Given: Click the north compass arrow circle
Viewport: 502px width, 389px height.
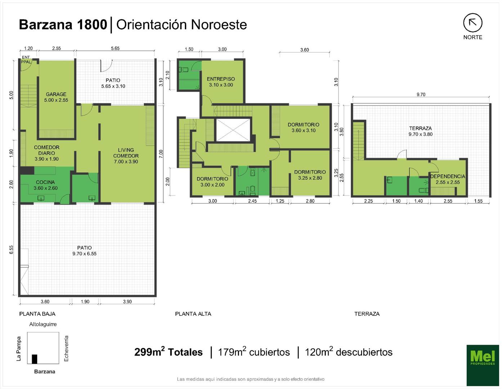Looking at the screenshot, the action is coord(473,23).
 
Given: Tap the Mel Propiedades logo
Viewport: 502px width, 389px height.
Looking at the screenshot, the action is coord(483,365).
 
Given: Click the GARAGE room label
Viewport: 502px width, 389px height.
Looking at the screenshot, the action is coord(56,97).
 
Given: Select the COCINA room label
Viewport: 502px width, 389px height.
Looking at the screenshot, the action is coord(45,185).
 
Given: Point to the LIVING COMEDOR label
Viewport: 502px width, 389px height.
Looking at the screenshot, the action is coord(126,156).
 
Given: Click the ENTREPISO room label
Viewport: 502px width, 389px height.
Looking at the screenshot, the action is coord(221,82).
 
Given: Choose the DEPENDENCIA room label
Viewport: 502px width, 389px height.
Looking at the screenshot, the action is coord(448,179).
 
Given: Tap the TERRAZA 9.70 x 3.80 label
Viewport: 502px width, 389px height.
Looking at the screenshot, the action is coord(421,131).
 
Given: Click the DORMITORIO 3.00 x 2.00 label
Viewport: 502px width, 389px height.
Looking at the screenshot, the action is coord(212,182).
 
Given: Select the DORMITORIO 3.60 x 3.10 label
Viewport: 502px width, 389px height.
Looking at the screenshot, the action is coord(303,128).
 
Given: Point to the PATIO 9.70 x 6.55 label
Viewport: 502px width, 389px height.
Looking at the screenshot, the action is coord(84,251).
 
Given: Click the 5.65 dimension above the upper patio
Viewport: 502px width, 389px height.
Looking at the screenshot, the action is coord(115,48).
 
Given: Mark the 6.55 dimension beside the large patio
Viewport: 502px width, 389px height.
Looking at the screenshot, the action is coord(11,250).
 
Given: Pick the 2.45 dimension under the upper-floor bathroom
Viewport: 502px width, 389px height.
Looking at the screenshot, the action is coord(252,201).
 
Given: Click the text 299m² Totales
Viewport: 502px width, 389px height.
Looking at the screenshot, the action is coord(168,352).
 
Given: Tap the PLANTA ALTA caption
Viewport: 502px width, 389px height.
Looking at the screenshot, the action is coord(193,314).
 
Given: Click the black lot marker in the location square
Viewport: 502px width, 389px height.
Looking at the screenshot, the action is coord(35,359).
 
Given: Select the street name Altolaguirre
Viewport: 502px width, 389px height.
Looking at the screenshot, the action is coord(43,325).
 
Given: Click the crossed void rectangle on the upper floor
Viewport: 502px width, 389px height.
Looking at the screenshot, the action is coord(233,130).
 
